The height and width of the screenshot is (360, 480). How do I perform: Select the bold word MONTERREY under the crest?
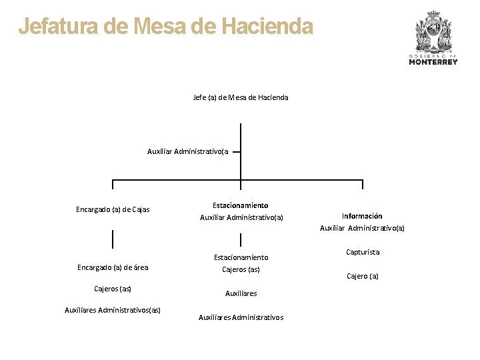click(x=433, y=62)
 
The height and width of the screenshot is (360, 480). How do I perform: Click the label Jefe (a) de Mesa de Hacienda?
click(x=241, y=97)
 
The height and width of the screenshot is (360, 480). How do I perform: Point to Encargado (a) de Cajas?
click(x=113, y=209)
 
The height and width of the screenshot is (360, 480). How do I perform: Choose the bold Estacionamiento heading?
click(x=241, y=205)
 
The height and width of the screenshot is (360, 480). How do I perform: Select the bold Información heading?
click(x=362, y=216)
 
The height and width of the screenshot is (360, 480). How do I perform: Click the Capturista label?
click(x=363, y=252)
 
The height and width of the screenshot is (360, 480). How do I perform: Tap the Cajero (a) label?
click(x=363, y=276)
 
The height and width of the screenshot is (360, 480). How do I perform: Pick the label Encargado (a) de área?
click(x=113, y=267)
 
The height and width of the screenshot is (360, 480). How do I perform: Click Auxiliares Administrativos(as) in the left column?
click(x=113, y=310)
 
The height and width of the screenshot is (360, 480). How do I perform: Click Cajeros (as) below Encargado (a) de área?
click(x=113, y=289)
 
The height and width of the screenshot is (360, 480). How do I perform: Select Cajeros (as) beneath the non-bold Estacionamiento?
click(x=241, y=269)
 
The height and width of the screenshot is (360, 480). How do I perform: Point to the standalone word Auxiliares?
click(x=241, y=293)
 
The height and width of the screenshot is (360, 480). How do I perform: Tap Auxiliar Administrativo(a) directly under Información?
click(x=362, y=228)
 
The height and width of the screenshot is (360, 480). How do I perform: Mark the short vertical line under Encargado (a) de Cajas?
click(x=113, y=238)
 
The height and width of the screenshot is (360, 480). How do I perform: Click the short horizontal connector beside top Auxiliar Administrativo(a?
click(x=235, y=152)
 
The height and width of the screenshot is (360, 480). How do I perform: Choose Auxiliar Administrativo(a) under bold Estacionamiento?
click(x=241, y=217)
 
